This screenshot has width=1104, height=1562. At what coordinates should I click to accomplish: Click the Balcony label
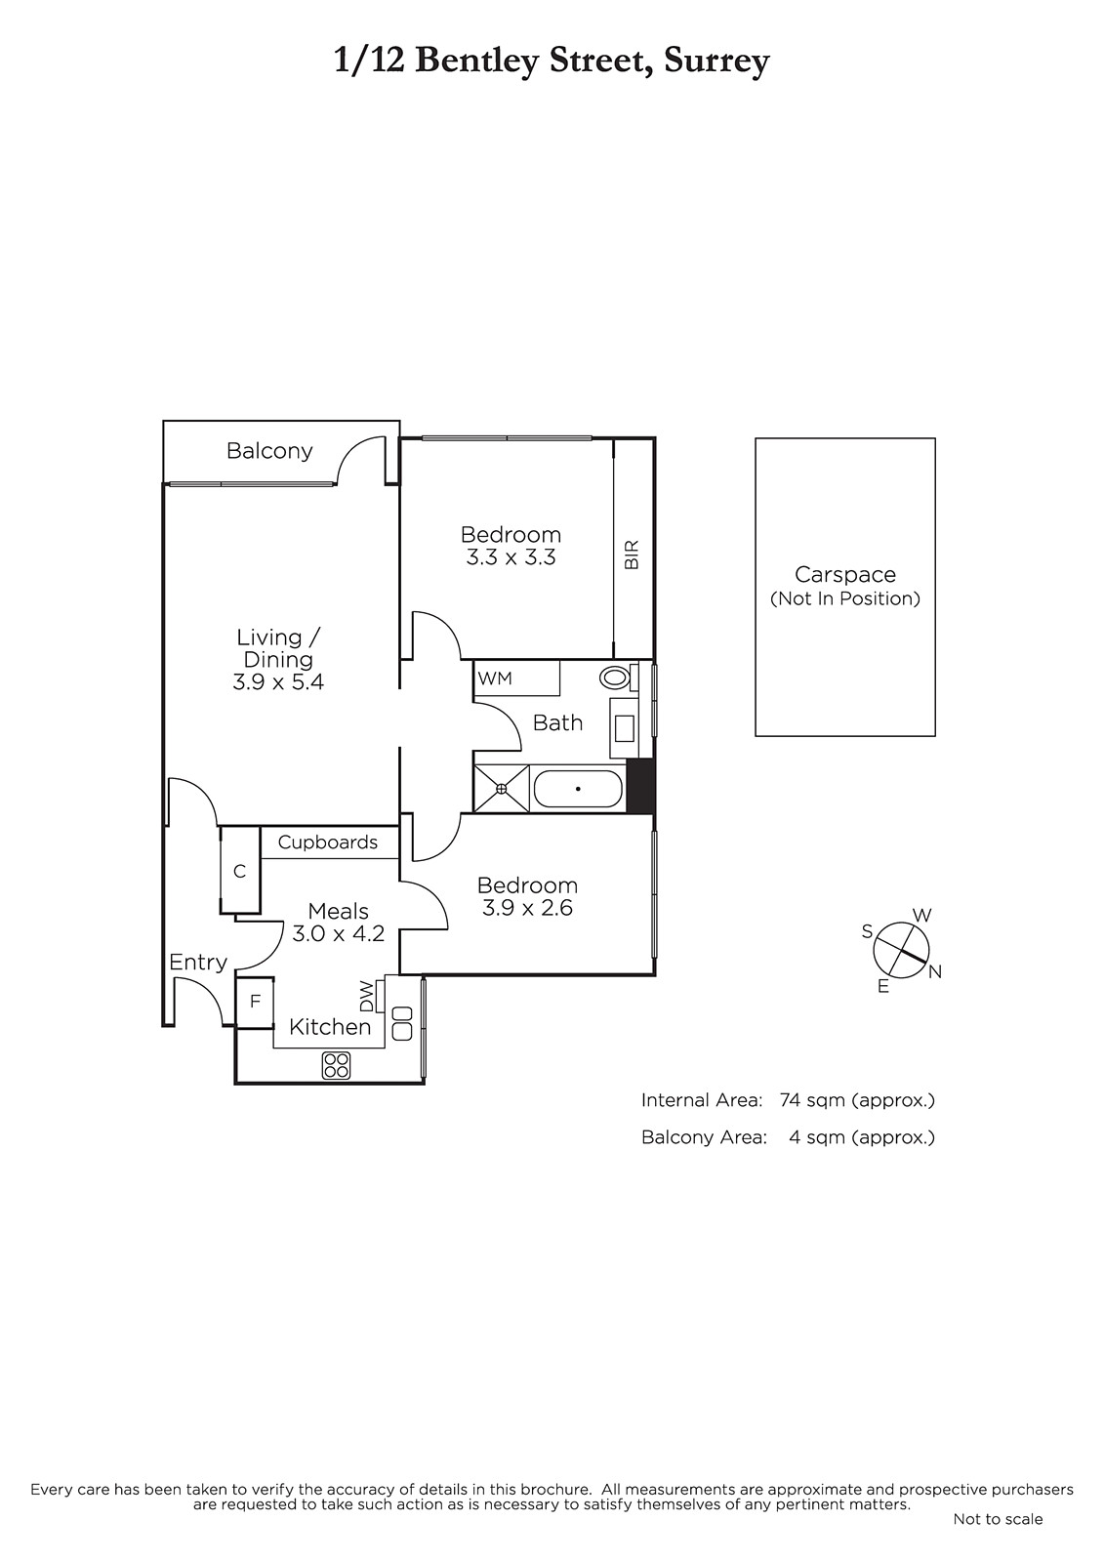[269, 451]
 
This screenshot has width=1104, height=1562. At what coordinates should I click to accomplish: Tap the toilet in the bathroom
[619, 677]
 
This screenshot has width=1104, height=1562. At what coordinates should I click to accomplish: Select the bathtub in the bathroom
[578, 789]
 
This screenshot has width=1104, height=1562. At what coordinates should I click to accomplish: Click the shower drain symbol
[502, 789]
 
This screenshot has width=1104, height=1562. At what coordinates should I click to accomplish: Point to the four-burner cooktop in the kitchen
[336, 1065]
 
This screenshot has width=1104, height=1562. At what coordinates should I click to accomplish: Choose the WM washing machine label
[495, 678]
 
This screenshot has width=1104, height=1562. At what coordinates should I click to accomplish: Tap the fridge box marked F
[255, 1002]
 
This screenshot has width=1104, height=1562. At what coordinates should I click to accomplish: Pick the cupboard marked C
[240, 870]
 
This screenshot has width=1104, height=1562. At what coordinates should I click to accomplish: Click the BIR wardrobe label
[632, 555]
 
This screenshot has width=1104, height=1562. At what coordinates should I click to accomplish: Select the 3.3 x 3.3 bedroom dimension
[511, 557]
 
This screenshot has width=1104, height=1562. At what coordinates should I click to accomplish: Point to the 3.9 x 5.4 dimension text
[278, 681]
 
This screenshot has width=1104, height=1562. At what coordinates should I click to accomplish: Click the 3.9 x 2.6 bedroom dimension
[527, 908]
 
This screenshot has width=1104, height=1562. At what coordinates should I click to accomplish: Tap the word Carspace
[845, 575]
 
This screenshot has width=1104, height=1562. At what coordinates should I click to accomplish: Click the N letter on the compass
[935, 971]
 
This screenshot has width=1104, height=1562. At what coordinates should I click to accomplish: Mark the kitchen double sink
[402, 1023]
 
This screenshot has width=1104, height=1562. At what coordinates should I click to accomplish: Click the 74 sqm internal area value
[809, 1099]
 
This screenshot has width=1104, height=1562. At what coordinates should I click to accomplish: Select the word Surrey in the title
[716, 62]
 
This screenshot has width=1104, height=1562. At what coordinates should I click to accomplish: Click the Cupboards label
[328, 843]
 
